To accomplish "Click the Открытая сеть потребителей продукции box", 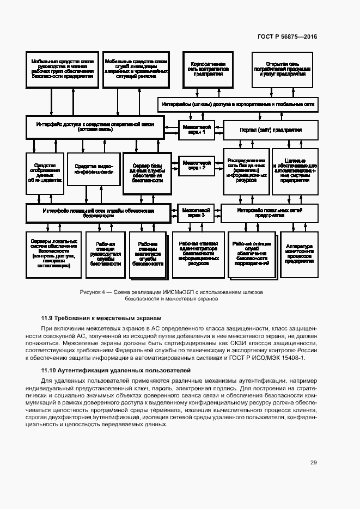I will pyautogui.click(x=282, y=69).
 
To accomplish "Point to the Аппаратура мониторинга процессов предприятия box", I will pyautogui.click(x=298, y=254).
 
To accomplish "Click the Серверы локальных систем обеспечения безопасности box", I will pyautogui.click(x=50, y=254).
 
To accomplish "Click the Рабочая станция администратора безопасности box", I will pyautogui.click(x=199, y=254).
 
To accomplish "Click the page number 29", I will pyautogui.click(x=314, y=463).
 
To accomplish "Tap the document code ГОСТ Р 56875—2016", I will pyautogui.click(x=286, y=37).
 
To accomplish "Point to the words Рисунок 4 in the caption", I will pyautogui.click(x=92, y=292).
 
